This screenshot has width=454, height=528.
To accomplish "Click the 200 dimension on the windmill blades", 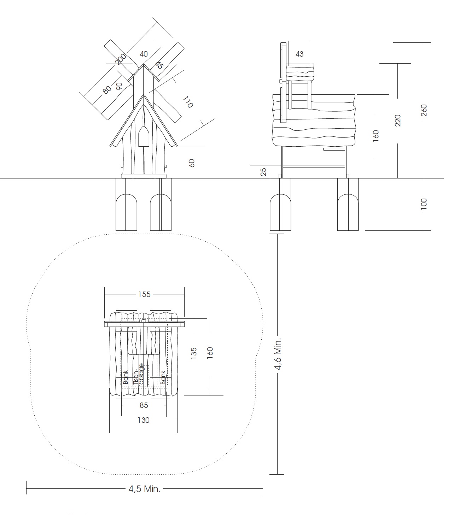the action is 121,59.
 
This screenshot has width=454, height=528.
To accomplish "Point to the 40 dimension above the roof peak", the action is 144,54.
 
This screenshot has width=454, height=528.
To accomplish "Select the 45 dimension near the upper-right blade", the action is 159,65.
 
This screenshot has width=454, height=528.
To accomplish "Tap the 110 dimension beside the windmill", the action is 188,102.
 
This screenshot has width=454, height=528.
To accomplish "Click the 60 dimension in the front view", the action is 192,163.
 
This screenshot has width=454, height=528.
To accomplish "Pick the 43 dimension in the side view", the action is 299,54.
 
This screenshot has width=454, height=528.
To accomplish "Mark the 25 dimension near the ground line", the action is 263,172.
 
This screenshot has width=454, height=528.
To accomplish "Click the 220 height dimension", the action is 398,121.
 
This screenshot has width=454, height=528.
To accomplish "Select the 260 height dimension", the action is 424,110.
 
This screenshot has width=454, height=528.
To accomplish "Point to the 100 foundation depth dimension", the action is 424,204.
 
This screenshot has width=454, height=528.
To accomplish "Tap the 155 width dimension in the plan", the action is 144,294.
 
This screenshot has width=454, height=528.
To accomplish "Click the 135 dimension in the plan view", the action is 194,353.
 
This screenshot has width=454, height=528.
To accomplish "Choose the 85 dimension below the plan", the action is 144,405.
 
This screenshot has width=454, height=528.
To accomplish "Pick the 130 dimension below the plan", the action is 144,420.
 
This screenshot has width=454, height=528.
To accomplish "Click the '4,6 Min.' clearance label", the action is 278,354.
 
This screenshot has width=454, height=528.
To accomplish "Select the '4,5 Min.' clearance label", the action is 144,489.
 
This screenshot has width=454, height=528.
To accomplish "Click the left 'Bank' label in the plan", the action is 125,377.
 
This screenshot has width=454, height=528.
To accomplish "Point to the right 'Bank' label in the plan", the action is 163,378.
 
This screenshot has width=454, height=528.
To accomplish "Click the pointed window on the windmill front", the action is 144,136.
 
